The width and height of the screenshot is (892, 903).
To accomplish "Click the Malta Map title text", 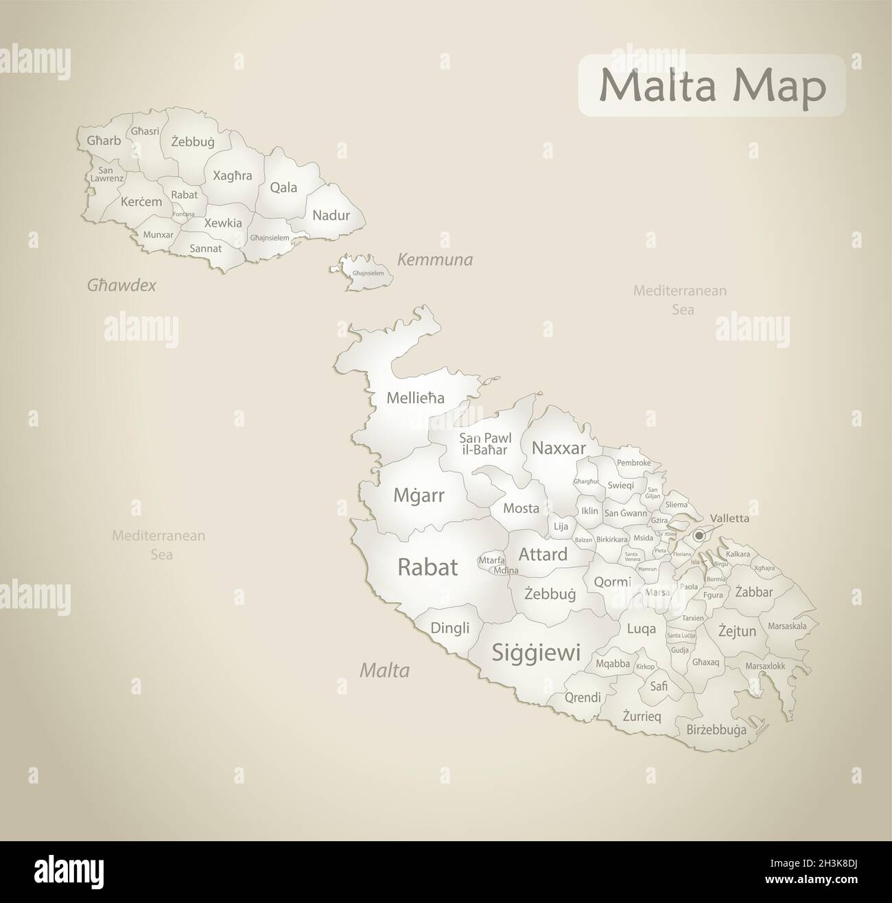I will (x=712, y=87).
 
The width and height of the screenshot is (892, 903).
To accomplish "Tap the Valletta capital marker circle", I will (x=699, y=535).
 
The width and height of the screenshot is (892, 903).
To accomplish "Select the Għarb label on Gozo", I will (x=104, y=141).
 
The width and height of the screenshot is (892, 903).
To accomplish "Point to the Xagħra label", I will (x=233, y=175).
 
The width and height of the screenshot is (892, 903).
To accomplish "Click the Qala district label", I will (x=283, y=187).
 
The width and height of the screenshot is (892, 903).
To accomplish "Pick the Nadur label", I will (x=331, y=216).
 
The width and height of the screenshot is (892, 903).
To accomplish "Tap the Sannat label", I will (x=206, y=248).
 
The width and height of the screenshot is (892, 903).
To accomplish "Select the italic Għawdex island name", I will (x=121, y=285).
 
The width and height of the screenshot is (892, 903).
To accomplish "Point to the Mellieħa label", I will (x=415, y=398).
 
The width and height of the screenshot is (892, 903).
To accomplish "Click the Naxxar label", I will (x=559, y=448).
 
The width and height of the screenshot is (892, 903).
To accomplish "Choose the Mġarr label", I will (x=419, y=495).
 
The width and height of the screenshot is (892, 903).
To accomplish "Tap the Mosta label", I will (x=521, y=509).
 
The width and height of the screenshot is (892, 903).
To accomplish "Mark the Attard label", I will (x=543, y=554).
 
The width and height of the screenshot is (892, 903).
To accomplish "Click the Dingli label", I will (x=450, y=628).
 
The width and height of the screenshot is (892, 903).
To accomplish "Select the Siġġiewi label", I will (x=536, y=652).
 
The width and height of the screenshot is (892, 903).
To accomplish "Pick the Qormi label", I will (x=612, y=582).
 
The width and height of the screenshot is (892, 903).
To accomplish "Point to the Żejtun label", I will (x=737, y=631).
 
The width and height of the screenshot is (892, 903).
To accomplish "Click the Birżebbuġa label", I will (x=716, y=730).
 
